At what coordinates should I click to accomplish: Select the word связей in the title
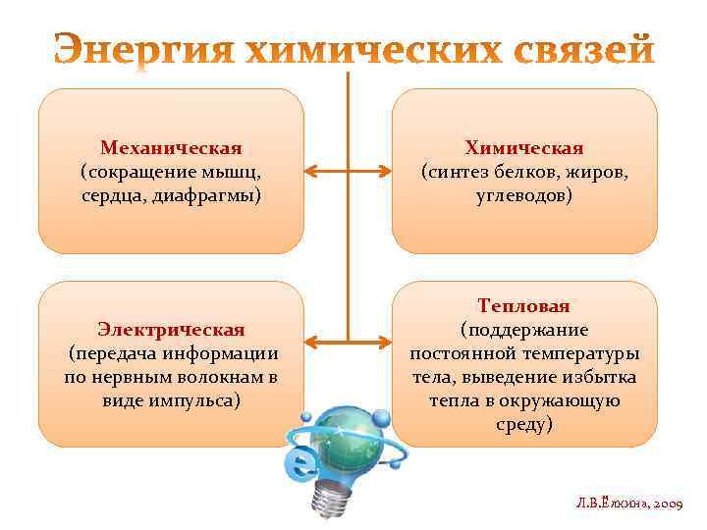tap(580, 50)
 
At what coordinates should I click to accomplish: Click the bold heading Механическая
tap(171, 148)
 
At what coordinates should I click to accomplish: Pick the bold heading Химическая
tap(524, 148)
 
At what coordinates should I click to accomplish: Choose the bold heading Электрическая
tap(171, 329)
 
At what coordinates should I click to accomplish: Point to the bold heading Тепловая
tap(524, 306)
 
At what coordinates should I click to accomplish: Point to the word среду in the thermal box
tap(524, 424)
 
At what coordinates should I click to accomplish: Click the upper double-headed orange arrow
tap(349, 173)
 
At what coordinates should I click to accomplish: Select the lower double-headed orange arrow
tap(349, 342)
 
